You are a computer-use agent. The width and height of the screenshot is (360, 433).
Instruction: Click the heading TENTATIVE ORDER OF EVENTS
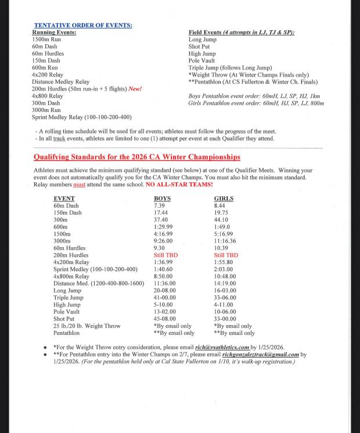[83, 26]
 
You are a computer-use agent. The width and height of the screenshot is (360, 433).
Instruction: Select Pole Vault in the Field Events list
[201, 60]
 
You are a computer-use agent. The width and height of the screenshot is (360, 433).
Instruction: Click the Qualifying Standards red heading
[136, 157]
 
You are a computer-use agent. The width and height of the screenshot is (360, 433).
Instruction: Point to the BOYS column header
[163, 199]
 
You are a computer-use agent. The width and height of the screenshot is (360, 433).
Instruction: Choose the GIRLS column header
[224, 199]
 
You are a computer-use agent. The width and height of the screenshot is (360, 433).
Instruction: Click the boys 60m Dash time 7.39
[159, 205]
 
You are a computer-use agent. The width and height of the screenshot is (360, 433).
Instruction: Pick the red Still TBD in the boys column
[165, 255]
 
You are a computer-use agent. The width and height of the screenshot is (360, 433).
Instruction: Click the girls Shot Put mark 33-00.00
[225, 319]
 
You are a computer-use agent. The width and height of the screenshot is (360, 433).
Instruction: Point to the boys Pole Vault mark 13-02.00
[165, 312]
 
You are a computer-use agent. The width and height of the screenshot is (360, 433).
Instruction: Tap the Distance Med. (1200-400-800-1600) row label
[99, 283]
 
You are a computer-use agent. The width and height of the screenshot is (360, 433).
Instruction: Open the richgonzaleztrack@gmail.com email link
[260, 354]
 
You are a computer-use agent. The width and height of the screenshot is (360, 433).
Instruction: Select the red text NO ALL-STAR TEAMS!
[179, 185]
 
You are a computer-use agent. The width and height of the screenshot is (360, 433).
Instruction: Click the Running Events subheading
[54, 33]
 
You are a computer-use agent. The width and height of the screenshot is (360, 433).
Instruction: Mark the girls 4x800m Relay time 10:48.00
[225, 276]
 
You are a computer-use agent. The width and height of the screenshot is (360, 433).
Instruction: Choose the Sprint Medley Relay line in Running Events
[82, 117]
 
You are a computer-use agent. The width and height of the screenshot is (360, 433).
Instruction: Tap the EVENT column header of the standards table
[64, 199]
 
